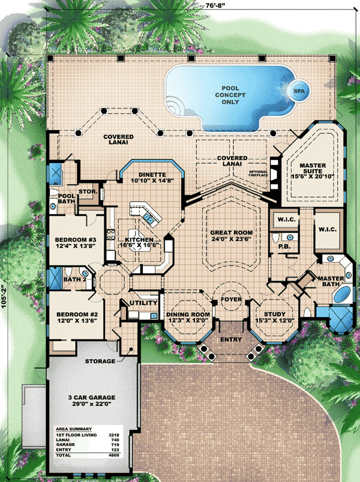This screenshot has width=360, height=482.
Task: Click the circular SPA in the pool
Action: (x=298, y=91)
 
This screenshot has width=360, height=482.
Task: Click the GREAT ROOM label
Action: (x=231, y=236)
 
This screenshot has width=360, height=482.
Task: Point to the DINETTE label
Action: (x=147, y=177)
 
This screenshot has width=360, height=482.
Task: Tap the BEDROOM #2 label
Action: (x=73, y=317)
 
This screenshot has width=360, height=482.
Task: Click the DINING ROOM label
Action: (x=188, y=317)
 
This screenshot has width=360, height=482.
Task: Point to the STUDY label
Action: (x=272, y=317)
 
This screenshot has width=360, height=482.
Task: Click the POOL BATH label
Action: (x=67, y=199)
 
